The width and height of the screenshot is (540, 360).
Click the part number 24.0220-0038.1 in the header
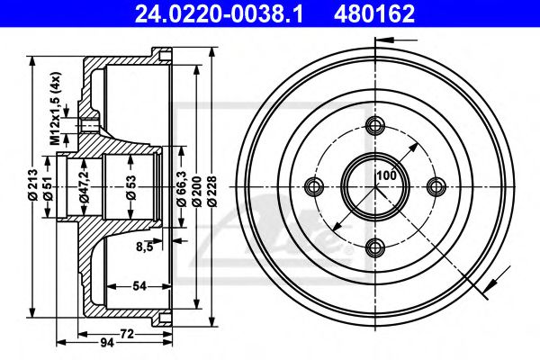coord(219,14)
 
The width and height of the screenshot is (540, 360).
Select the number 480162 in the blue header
coord(374,14)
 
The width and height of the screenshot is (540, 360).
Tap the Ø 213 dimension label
coord(33,184)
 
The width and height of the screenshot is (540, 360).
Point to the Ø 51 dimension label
coord(48,188)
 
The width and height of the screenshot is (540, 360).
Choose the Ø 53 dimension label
coord(131,188)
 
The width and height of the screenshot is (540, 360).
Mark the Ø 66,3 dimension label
coord(182,189)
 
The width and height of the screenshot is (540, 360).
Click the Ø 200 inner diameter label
coord(197,191)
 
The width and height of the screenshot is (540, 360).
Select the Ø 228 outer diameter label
coord(212,191)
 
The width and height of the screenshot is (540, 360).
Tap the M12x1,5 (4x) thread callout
coord(55,108)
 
